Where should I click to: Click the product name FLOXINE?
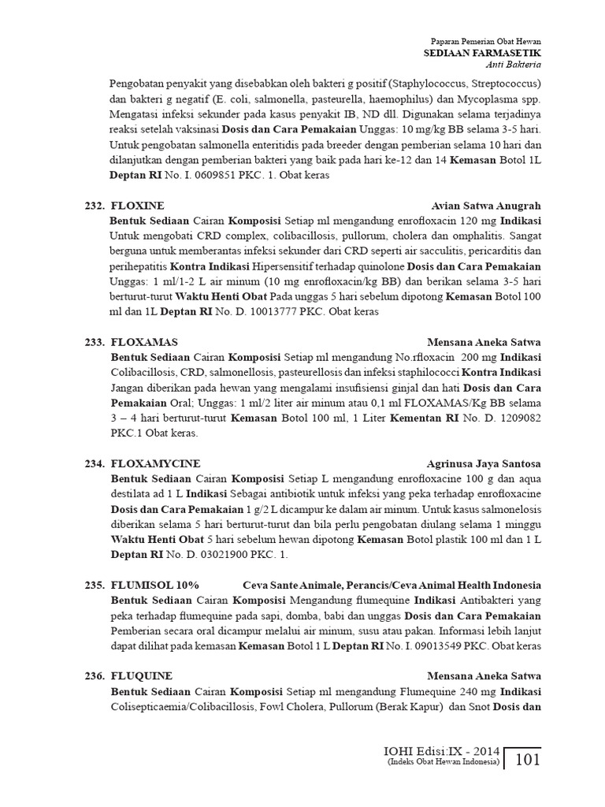pyautogui.click(x=138, y=206)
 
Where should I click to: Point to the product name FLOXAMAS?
pyautogui.click(x=144, y=343)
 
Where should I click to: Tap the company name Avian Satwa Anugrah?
pyautogui.click(x=487, y=206)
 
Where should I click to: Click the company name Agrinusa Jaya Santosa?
pyautogui.click(x=484, y=463)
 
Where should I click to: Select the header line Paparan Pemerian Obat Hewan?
pyautogui.click(x=488, y=41)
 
